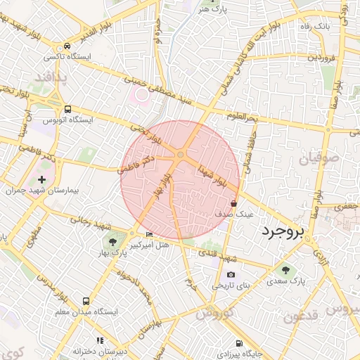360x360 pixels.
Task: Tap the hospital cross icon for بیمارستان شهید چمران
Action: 42,181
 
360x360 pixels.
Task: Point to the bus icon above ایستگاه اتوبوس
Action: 68,109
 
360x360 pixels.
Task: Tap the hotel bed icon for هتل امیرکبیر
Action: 148,233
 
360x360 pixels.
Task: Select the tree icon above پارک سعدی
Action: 285,270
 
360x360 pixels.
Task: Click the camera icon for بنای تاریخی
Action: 231,275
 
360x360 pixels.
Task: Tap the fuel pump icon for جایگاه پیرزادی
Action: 239,343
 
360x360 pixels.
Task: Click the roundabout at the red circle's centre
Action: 181,154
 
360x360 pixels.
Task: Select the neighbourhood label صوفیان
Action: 319,159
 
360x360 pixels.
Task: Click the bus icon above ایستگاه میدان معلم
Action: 86,301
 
